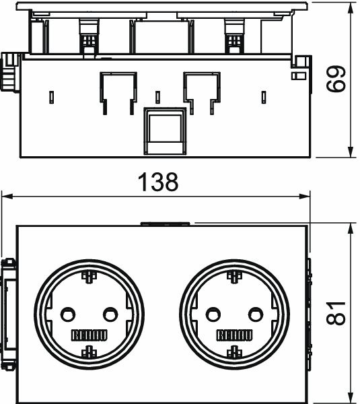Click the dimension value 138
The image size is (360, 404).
point(158,182)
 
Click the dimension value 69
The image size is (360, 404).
point(336,79)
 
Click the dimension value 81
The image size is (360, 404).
point(336,312)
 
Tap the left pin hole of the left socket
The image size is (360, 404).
point(68,314)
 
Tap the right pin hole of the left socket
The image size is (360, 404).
point(110,314)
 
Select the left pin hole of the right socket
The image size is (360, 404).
point(213,314)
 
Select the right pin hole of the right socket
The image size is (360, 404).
point(256,314)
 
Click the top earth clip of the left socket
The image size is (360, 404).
point(89,277)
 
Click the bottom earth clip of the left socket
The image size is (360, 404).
point(89,352)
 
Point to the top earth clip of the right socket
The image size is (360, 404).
point(234,277)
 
